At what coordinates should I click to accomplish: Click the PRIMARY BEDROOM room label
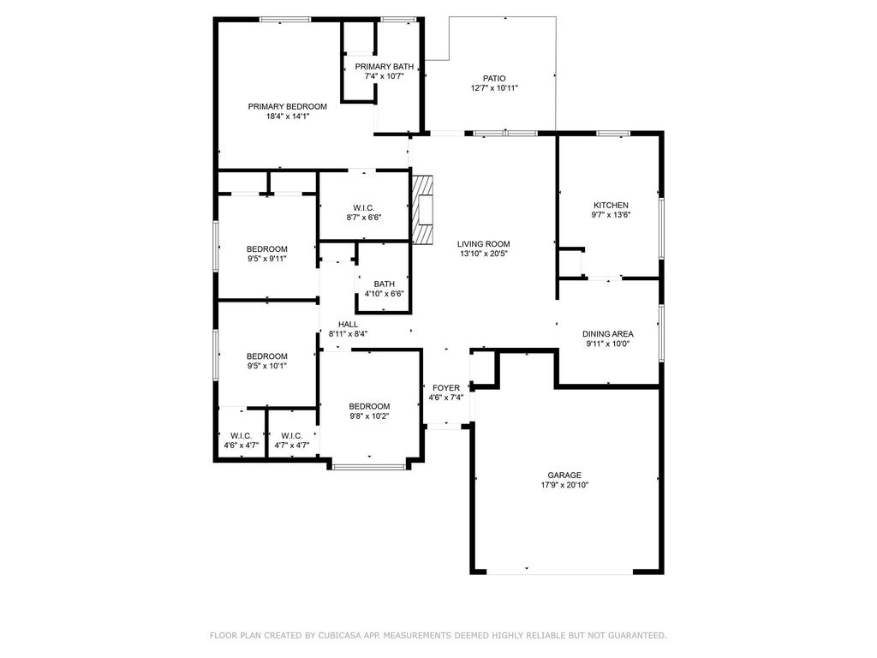click(x=288, y=106)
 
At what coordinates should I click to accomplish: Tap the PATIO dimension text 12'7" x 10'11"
click(x=494, y=88)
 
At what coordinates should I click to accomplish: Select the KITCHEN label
click(x=611, y=205)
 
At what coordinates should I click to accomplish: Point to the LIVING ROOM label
click(x=484, y=244)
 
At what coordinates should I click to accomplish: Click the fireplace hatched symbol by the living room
click(x=422, y=209)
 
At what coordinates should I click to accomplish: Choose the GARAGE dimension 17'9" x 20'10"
click(x=564, y=485)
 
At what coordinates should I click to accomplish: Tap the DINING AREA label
click(x=608, y=334)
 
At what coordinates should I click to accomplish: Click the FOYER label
click(x=446, y=388)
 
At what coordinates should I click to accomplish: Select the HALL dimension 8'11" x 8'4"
click(x=348, y=334)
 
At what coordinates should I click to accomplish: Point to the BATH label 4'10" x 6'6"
click(x=385, y=284)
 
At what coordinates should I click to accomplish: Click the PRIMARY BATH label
click(x=385, y=66)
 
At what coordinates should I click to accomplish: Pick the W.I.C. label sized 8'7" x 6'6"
click(x=364, y=207)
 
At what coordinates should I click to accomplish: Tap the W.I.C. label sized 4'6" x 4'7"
click(x=241, y=435)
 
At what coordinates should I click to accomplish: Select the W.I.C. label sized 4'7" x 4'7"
click(x=292, y=435)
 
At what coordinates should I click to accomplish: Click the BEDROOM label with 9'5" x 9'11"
click(x=267, y=249)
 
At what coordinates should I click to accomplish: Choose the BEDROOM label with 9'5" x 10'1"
click(x=267, y=356)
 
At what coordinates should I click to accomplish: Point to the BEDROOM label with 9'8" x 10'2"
click(x=369, y=406)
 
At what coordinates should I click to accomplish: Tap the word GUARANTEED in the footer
click(x=636, y=636)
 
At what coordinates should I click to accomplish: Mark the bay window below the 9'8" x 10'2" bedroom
click(x=369, y=466)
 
